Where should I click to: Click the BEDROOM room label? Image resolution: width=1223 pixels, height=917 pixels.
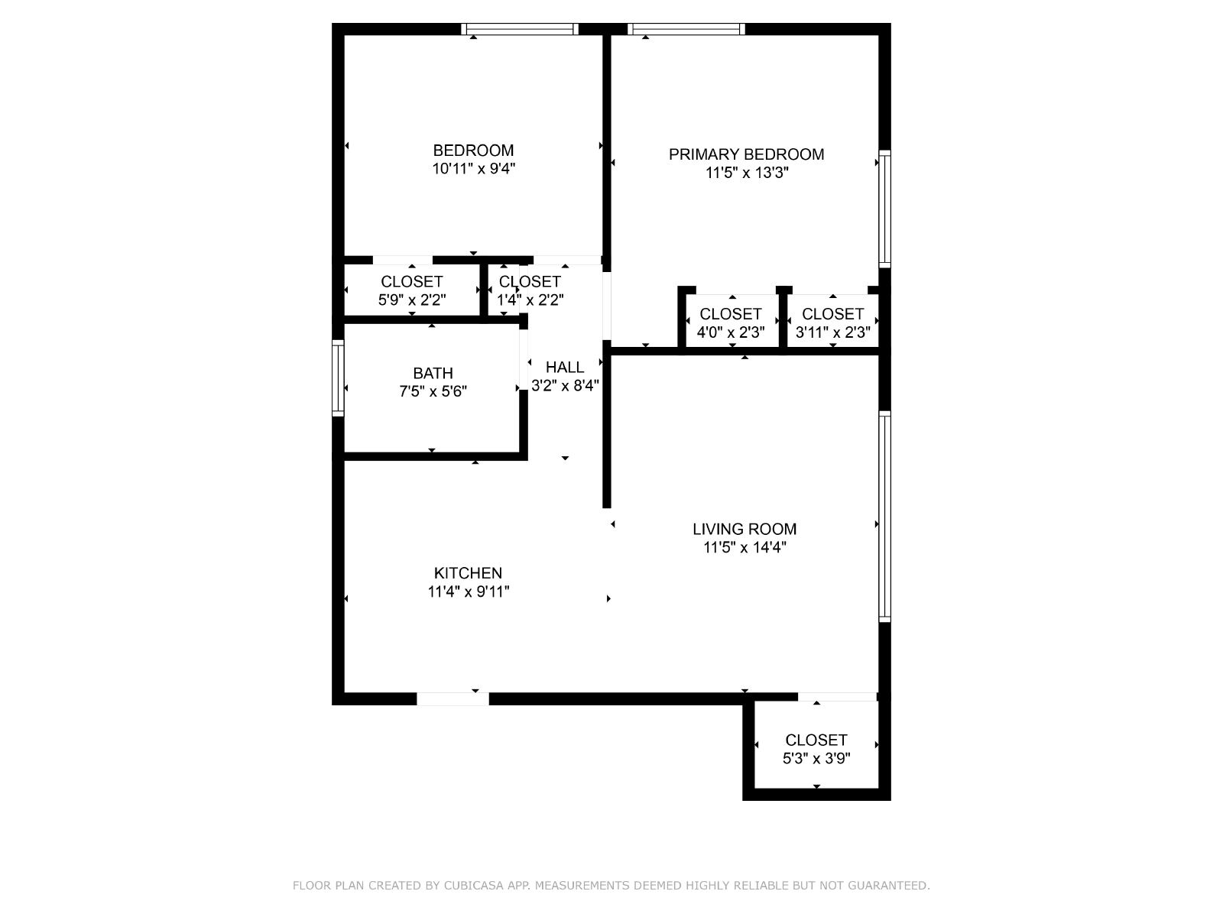point(473,151)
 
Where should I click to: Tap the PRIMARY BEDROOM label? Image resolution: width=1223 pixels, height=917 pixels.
point(746,154)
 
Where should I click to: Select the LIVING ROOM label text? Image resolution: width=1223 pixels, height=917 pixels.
point(745,529)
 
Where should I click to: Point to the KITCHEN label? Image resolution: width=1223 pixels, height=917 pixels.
point(468,573)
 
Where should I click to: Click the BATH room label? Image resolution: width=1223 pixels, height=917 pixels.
point(433,373)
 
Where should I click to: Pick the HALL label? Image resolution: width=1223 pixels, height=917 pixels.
point(565,367)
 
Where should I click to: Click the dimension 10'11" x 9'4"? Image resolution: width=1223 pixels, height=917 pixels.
point(474,169)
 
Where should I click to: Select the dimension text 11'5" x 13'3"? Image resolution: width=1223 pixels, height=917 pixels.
point(747,173)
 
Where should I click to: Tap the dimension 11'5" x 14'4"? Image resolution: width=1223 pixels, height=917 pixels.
point(745,547)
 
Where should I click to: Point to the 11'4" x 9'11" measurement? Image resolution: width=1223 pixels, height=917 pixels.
point(468,591)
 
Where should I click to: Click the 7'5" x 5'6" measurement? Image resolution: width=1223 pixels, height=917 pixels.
point(433,391)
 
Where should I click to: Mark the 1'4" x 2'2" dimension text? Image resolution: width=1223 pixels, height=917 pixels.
point(530,300)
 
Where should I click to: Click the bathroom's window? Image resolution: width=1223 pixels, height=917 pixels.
point(338,378)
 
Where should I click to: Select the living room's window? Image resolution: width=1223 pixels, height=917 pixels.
point(885,516)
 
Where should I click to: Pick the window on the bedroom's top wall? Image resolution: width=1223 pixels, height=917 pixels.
point(520,29)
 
